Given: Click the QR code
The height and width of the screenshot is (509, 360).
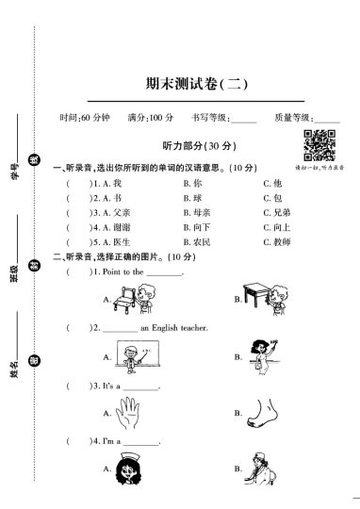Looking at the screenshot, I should [x=319, y=147].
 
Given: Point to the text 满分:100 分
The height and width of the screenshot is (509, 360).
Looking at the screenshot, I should [x=149, y=118].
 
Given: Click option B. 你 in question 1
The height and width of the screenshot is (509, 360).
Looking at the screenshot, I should [x=191, y=182].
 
